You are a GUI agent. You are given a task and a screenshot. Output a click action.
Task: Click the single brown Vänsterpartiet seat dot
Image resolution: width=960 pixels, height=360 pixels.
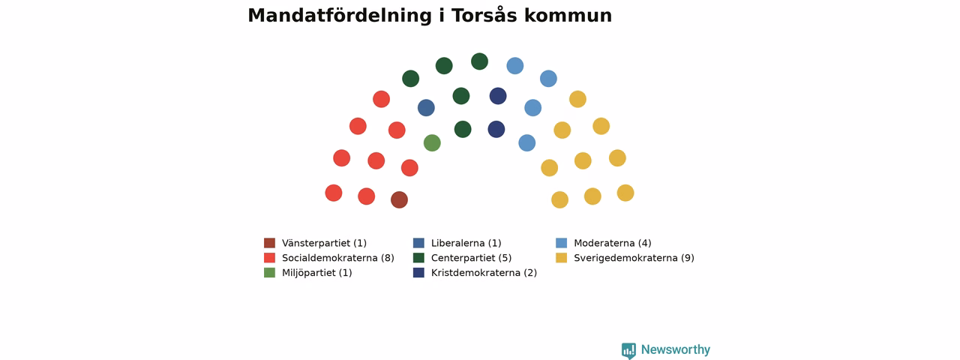point(399,199)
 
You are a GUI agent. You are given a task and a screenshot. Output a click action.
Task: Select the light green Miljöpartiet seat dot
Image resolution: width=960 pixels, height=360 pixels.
point(432,142)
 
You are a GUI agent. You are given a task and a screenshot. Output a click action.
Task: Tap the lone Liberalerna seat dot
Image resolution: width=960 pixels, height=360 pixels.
point(426,107)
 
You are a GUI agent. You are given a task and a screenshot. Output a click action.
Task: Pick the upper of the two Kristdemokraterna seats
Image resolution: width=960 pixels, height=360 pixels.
point(498,95)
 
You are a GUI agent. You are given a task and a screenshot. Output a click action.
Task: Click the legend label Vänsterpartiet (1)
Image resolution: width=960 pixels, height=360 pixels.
point(324,243)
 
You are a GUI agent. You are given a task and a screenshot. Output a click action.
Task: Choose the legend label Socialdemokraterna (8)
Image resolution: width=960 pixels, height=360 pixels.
point(337,258)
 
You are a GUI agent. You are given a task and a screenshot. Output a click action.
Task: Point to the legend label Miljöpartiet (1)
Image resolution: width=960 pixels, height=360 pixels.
point(316,272)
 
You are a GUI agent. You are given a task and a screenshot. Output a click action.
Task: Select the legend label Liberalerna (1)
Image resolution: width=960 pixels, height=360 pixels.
point(466,243)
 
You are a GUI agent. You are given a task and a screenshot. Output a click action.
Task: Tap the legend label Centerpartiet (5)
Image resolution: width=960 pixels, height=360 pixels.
point(471,258)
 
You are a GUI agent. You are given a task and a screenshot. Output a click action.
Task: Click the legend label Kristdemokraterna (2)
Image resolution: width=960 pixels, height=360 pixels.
point(484,272)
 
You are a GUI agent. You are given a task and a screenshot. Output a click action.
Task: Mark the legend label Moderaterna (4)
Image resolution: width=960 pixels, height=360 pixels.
point(613,243)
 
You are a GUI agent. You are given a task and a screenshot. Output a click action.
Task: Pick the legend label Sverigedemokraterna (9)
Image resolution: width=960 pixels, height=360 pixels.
point(634,258)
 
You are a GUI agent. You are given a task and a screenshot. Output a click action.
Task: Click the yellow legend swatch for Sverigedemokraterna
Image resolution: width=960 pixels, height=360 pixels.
point(562,257)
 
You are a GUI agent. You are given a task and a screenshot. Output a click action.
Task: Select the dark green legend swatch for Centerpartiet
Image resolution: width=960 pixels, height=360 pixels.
point(418,257)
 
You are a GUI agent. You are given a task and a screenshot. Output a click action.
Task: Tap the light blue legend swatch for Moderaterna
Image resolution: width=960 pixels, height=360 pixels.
point(562,243)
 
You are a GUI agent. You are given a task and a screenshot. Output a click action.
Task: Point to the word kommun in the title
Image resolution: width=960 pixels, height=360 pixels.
point(568,16)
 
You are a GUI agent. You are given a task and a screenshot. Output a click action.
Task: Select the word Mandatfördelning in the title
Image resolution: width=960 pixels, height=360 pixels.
point(340,16)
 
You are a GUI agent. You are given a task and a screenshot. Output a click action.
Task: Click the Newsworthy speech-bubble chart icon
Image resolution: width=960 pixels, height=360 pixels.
point(628,350)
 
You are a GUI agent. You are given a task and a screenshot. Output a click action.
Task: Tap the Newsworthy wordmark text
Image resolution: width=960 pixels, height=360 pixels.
point(676,349)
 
